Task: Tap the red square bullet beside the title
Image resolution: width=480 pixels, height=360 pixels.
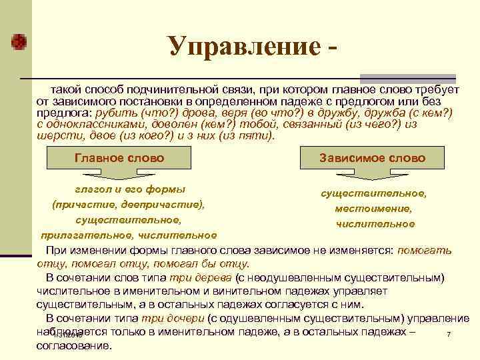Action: pos(21,41)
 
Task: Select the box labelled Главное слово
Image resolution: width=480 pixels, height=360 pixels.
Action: pos(119,159)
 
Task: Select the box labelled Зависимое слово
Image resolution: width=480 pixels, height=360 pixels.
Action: pos(372,159)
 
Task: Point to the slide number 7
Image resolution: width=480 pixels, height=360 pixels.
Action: pos(449,334)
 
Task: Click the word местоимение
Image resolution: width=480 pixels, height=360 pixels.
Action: pos(373,209)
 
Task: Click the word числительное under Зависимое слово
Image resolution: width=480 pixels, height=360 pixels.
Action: pos(375,224)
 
